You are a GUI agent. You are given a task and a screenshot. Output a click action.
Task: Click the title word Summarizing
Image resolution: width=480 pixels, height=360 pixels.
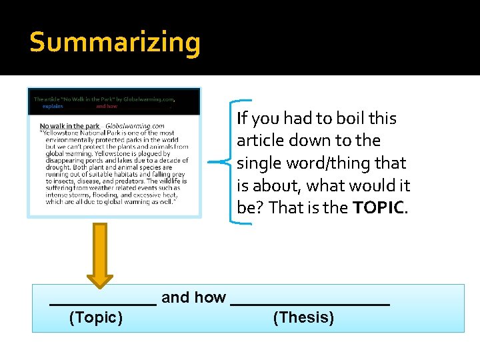[115, 43]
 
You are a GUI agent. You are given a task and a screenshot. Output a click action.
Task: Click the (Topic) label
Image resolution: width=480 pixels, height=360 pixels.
[96, 317]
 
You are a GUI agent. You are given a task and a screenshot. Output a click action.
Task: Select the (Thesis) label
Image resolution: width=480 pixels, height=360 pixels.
[303, 317]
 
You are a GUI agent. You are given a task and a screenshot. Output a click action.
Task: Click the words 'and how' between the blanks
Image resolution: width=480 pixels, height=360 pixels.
[193, 297]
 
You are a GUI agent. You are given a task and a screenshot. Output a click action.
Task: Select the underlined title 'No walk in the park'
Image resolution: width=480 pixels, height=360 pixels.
[69, 126]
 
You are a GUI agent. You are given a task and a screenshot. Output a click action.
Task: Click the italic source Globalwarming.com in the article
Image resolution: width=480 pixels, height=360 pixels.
[135, 126]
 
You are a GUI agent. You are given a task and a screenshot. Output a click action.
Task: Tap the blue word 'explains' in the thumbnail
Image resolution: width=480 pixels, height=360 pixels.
[53, 106]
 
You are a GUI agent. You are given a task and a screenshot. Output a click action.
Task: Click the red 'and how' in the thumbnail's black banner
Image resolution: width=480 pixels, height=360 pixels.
[107, 106]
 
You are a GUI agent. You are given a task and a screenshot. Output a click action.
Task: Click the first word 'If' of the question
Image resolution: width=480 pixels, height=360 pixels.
[242, 119]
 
